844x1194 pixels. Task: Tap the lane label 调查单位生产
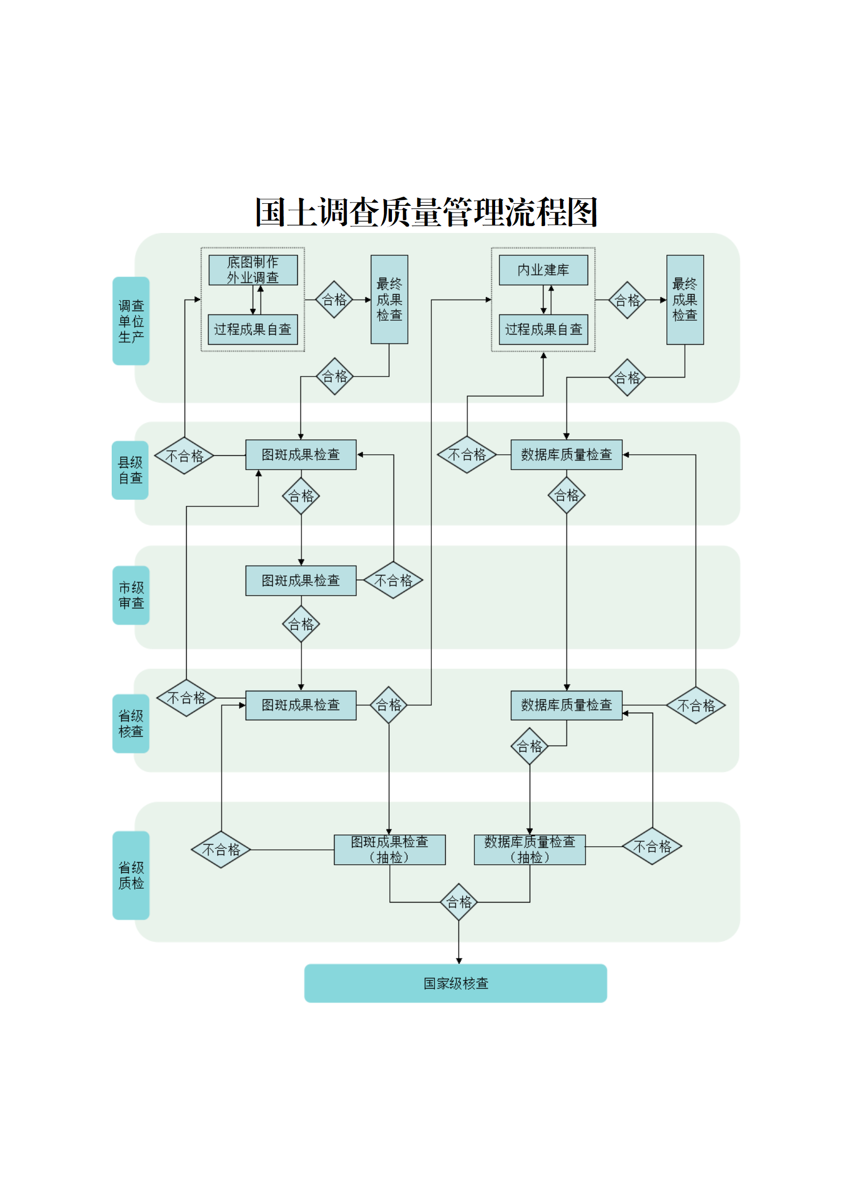pyautogui.click(x=131, y=321)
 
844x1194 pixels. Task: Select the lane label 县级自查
pyautogui.click(x=130, y=470)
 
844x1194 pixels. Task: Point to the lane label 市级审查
pyautogui.click(x=131, y=595)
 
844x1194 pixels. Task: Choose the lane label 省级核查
pyautogui.click(x=131, y=723)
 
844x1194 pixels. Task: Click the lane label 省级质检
pyautogui.click(x=131, y=875)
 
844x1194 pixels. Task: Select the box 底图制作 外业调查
pyautogui.click(x=253, y=270)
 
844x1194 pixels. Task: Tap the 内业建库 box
pyautogui.click(x=543, y=270)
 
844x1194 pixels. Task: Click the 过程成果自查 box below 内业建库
pyautogui.click(x=543, y=330)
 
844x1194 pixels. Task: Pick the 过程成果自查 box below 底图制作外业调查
pyautogui.click(x=253, y=330)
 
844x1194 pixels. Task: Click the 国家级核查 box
pyautogui.click(x=455, y=983)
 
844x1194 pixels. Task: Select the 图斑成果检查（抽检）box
pyautogui.click(x=389, y=849)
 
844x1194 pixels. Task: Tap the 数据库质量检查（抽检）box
pyautogui.click(x=530, y=849)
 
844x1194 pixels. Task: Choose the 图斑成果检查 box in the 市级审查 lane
pyautogui.click(x=300, y=580)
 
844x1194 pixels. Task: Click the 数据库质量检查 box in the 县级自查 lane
pyautogui.click(x=566, y=455)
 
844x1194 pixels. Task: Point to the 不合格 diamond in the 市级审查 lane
pyautogui.click(x=393, y=580)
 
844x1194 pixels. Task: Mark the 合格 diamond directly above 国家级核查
pyautogui.click(x=458, y=902)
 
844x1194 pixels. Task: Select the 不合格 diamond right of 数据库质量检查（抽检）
pyautogui.click(x=652, y=846)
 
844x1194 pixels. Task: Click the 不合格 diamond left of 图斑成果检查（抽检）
pyautogui.click(x=221, y=849)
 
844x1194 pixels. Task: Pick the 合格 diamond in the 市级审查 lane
pyautogui.click(x=301, y=624)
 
